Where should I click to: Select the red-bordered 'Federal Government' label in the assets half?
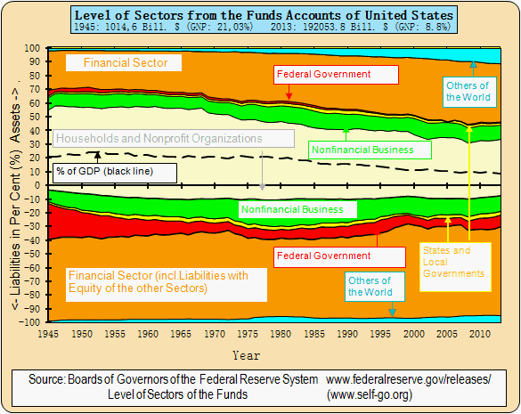click(x=322, y=75)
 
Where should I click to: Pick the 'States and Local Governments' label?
click(x=454, y=262)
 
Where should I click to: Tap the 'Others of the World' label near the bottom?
click(x=369, y=287)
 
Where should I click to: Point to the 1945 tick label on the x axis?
click(x=48, y=334)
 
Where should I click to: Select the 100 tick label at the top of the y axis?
click(x=33, y=48)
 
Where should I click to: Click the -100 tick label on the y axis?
click(x=31, y=321)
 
